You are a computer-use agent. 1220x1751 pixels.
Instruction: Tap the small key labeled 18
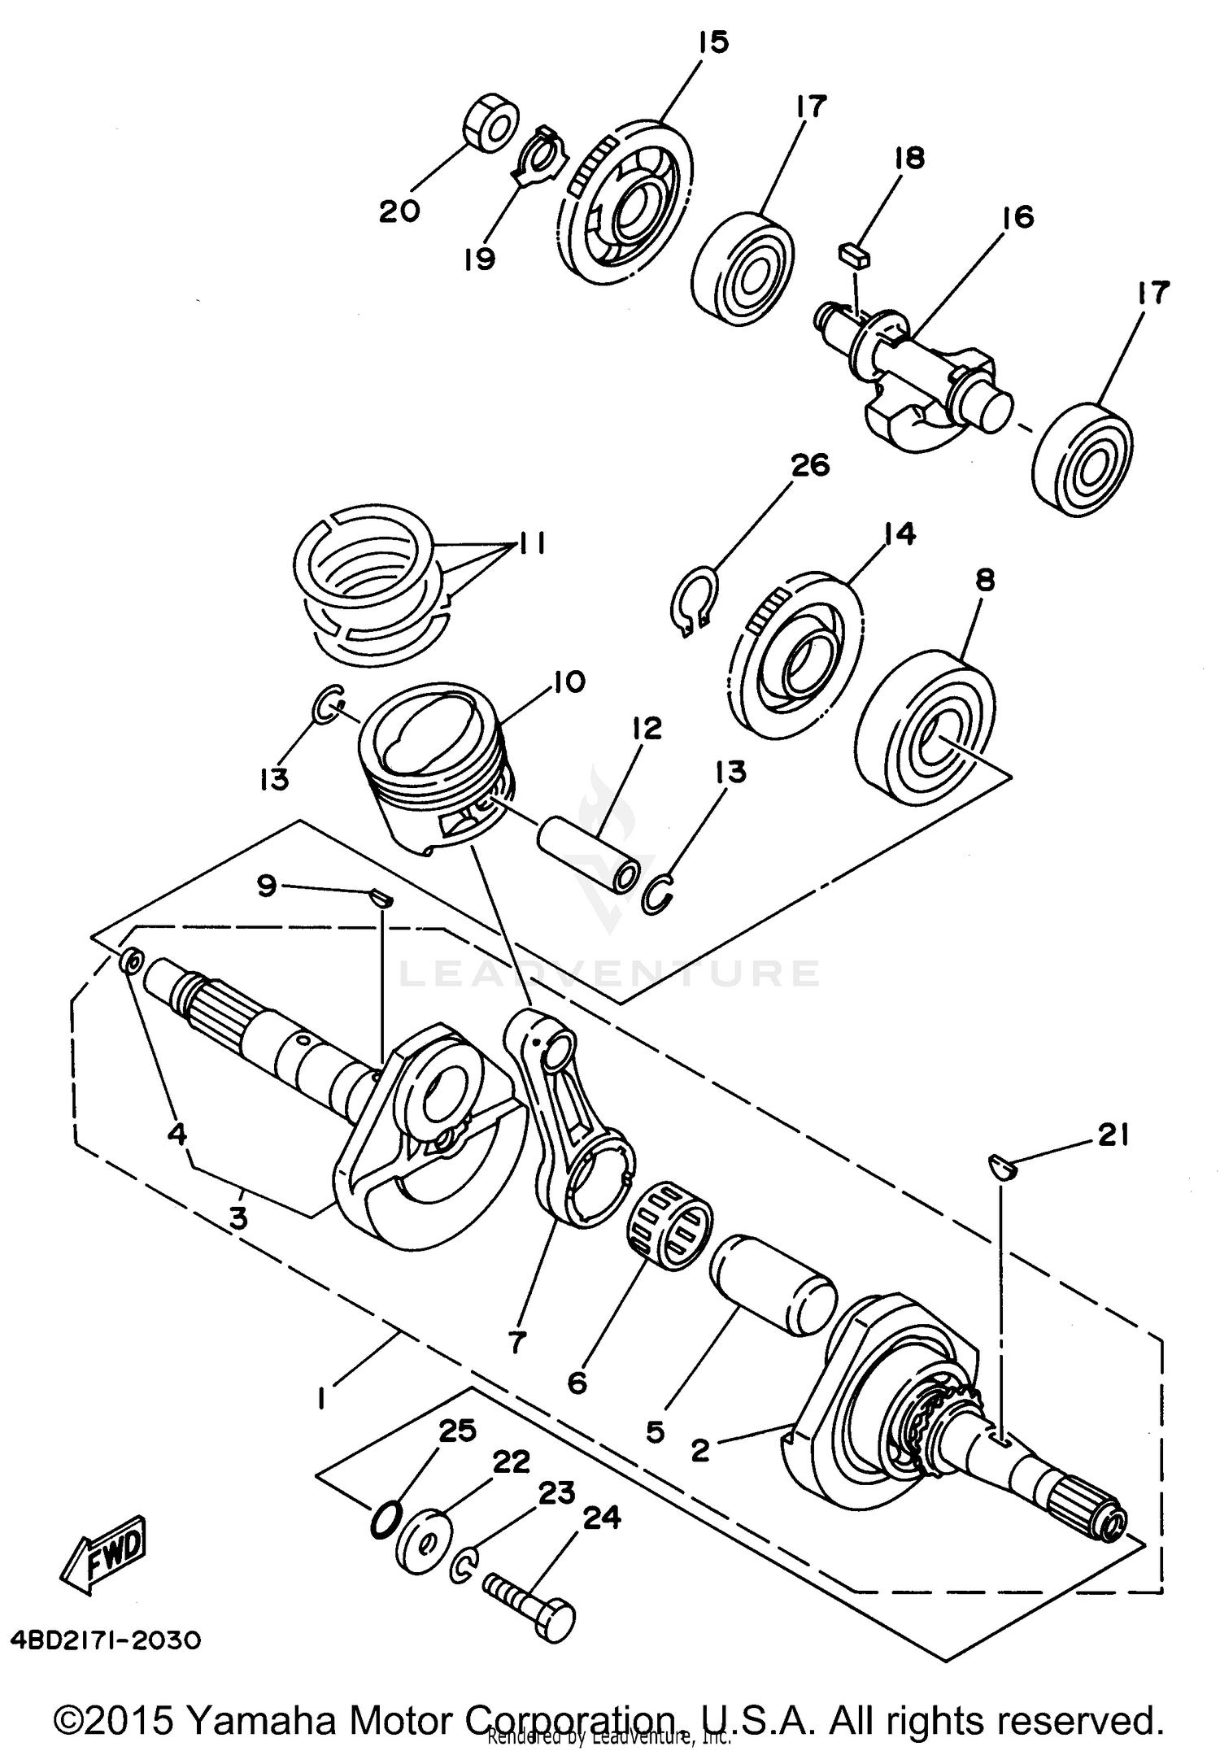[x=854, y=255]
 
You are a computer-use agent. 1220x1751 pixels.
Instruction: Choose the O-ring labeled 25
[x=385, y=1518]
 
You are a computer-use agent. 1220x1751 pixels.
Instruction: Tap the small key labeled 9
[x=382, y=898]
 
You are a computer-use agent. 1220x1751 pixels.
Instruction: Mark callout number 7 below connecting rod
[x=517, y=1340]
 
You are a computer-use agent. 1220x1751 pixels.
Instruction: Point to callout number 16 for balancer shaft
[x=1017, y=217]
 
